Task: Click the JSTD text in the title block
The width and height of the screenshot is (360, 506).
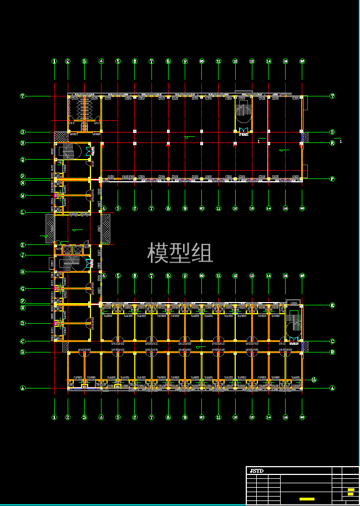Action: point(256,471)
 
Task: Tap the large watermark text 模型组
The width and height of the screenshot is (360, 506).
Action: point(180,253)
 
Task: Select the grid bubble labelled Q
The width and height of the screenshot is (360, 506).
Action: point(23,160)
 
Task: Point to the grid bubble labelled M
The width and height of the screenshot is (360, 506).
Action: point(23,196)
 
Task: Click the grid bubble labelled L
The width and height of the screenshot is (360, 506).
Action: point(23,212)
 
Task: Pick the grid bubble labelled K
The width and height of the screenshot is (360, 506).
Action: point(23,245)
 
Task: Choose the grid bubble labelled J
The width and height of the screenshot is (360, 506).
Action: point(23,255)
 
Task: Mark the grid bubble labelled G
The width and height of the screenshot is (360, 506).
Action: point(23,289)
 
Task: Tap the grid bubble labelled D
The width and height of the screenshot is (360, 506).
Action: point(23,323)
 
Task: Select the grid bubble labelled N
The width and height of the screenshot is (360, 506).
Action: point(23,183)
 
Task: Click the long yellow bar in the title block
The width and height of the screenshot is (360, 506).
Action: point(307,499)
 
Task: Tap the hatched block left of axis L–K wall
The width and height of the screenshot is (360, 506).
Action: point(50,228)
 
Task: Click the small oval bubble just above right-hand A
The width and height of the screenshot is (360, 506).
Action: point(315,380)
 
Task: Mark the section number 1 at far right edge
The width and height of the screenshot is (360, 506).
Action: point(341,142)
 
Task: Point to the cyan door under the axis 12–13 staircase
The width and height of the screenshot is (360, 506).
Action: point(242,131)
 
